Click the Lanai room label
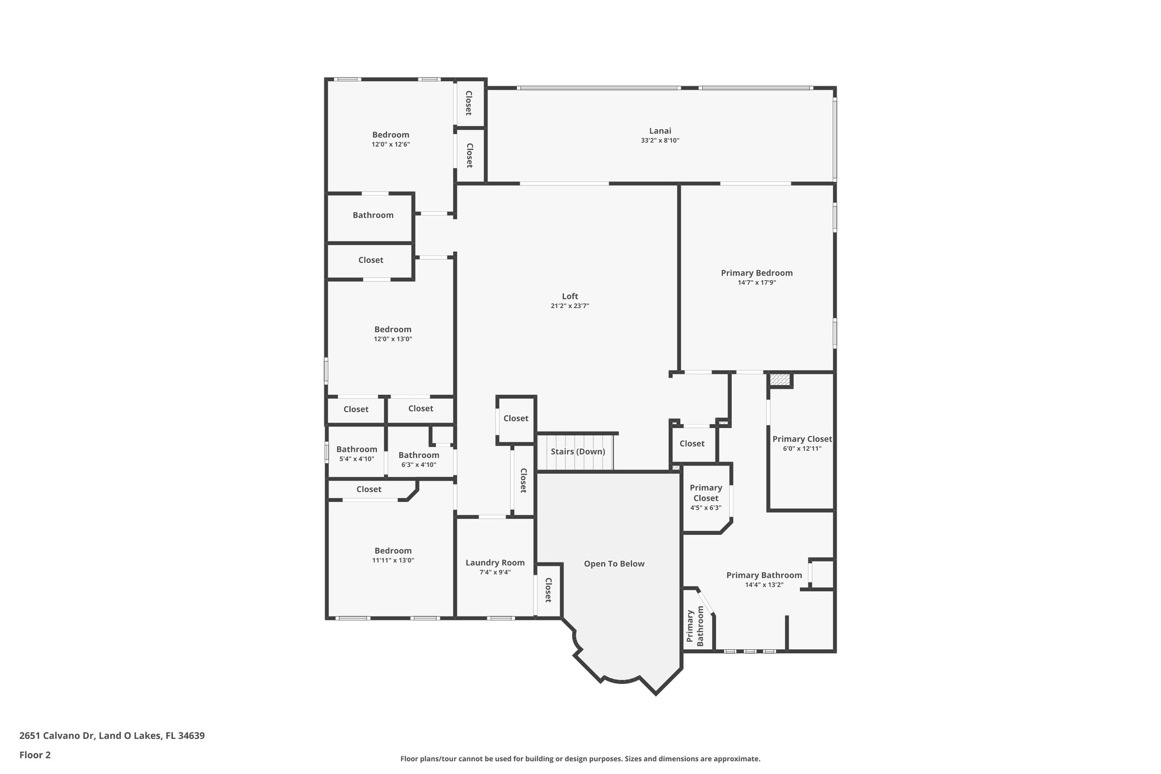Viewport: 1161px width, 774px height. pyautogui.click(x=660, y=130)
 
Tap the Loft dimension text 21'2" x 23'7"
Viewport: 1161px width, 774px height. pyautogui.click(x=570, y=306)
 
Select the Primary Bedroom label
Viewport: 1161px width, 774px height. pyautogui.click(x=756, y=273)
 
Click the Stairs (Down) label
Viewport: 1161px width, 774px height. pyautogui.click(x=578, y=451)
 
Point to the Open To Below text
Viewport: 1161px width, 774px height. pyautogui.click(x=614, y=564)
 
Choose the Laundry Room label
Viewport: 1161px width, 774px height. pyautogui.click(x=495, y=562)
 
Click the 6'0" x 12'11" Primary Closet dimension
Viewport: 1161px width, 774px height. pyautogui.click(x=802, y=449)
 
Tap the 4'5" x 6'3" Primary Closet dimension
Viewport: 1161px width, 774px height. pyautogui.click(x=705, y=508)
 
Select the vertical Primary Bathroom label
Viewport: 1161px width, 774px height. pyautogui.click(x=696, y=628)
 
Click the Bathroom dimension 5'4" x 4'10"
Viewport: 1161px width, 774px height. pyautogui.click(x=356, y=459)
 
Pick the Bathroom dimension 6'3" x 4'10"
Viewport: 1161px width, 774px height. pyautogui.click(x=418, y=464)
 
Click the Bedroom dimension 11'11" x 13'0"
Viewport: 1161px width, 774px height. pyautogui.click(x=393, y=560)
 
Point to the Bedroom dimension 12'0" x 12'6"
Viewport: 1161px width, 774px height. pyautogui.click(x=391, y=145)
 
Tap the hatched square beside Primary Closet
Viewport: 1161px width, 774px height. pyautogui.click(x=780, y=379)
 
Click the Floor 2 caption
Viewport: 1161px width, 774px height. pyautogui.click(x=35, y=755)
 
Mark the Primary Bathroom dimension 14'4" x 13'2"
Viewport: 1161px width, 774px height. pyautogui.click(x=764, y=585)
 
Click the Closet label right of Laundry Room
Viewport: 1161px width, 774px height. pyautogui.click(x=548, y=590)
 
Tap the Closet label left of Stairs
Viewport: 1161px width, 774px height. pyautogui.click(x=516, y=418)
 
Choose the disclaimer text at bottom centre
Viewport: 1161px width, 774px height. pyautogui.click(x=580, y=759)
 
